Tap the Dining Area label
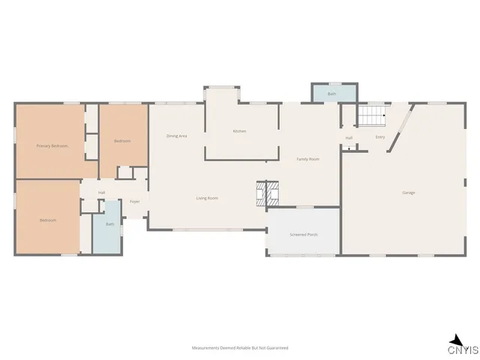tap(176, 136)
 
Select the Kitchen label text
tap(239, 131)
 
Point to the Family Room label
tap(307, 159)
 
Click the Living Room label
tap(207, 198)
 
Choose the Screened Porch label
tap(304, 235)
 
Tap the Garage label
tap(409, 193)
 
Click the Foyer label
tap(135, 202)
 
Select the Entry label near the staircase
tap(380, 137)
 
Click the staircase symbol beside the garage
tap(370, 116)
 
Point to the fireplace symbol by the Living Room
tap(268, 193)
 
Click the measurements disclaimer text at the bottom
tap(240, 348)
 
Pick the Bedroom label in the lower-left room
tap(48, 220)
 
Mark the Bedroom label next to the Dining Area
tap(122, 141)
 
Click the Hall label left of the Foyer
tap(101, 193)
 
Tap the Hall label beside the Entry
tap(349, 138)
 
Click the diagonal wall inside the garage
tap(400, 127)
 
